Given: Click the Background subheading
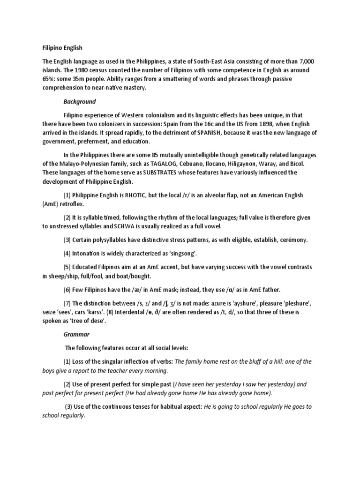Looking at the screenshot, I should click(80, 101).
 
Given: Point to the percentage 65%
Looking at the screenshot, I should click(49, 78).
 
